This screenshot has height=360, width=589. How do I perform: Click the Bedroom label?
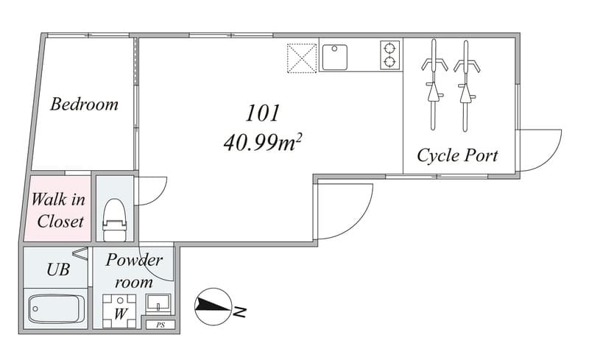pyautogui.click(x=84, y=104)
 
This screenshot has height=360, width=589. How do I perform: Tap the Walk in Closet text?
pyautogui.click(x=59, y=211)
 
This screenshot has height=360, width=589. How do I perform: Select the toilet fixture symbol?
pyautogui.click(x=114, y=220)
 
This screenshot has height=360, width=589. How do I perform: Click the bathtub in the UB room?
pyautogui.click(x=57, y=309)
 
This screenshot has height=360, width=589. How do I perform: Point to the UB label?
pyautogui.click(x=58, y=269)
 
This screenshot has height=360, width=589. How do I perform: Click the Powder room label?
pyautogui.click(x=134, y=271)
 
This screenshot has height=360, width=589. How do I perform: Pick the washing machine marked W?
pyautogui.click(x=119, y=311)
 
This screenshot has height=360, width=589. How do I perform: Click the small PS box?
pyautogui.click(x=161, y=325)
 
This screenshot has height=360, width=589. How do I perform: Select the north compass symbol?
pyautogui.click(x=213, y=306)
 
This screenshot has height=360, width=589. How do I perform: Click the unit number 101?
pyautogui.click(x=263, y=113)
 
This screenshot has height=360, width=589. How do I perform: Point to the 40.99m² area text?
pyautogui.click(x=263, y=143)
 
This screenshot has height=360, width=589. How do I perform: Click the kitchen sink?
pyautogui.click(x=335, y=57)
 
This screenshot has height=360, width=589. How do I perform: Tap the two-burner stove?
pyautogui.click(x=390, y=55)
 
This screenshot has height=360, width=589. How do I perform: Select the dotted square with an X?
pyautogui.click(x=302, y=58)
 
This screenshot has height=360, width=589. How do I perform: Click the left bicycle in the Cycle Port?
pyautogui.click(x=434, y=85)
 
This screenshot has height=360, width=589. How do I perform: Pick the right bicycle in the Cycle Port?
pyautogui.click(x=466, y=85)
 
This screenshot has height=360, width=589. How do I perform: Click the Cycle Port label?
pyautogui.click(x=457, y=155)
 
